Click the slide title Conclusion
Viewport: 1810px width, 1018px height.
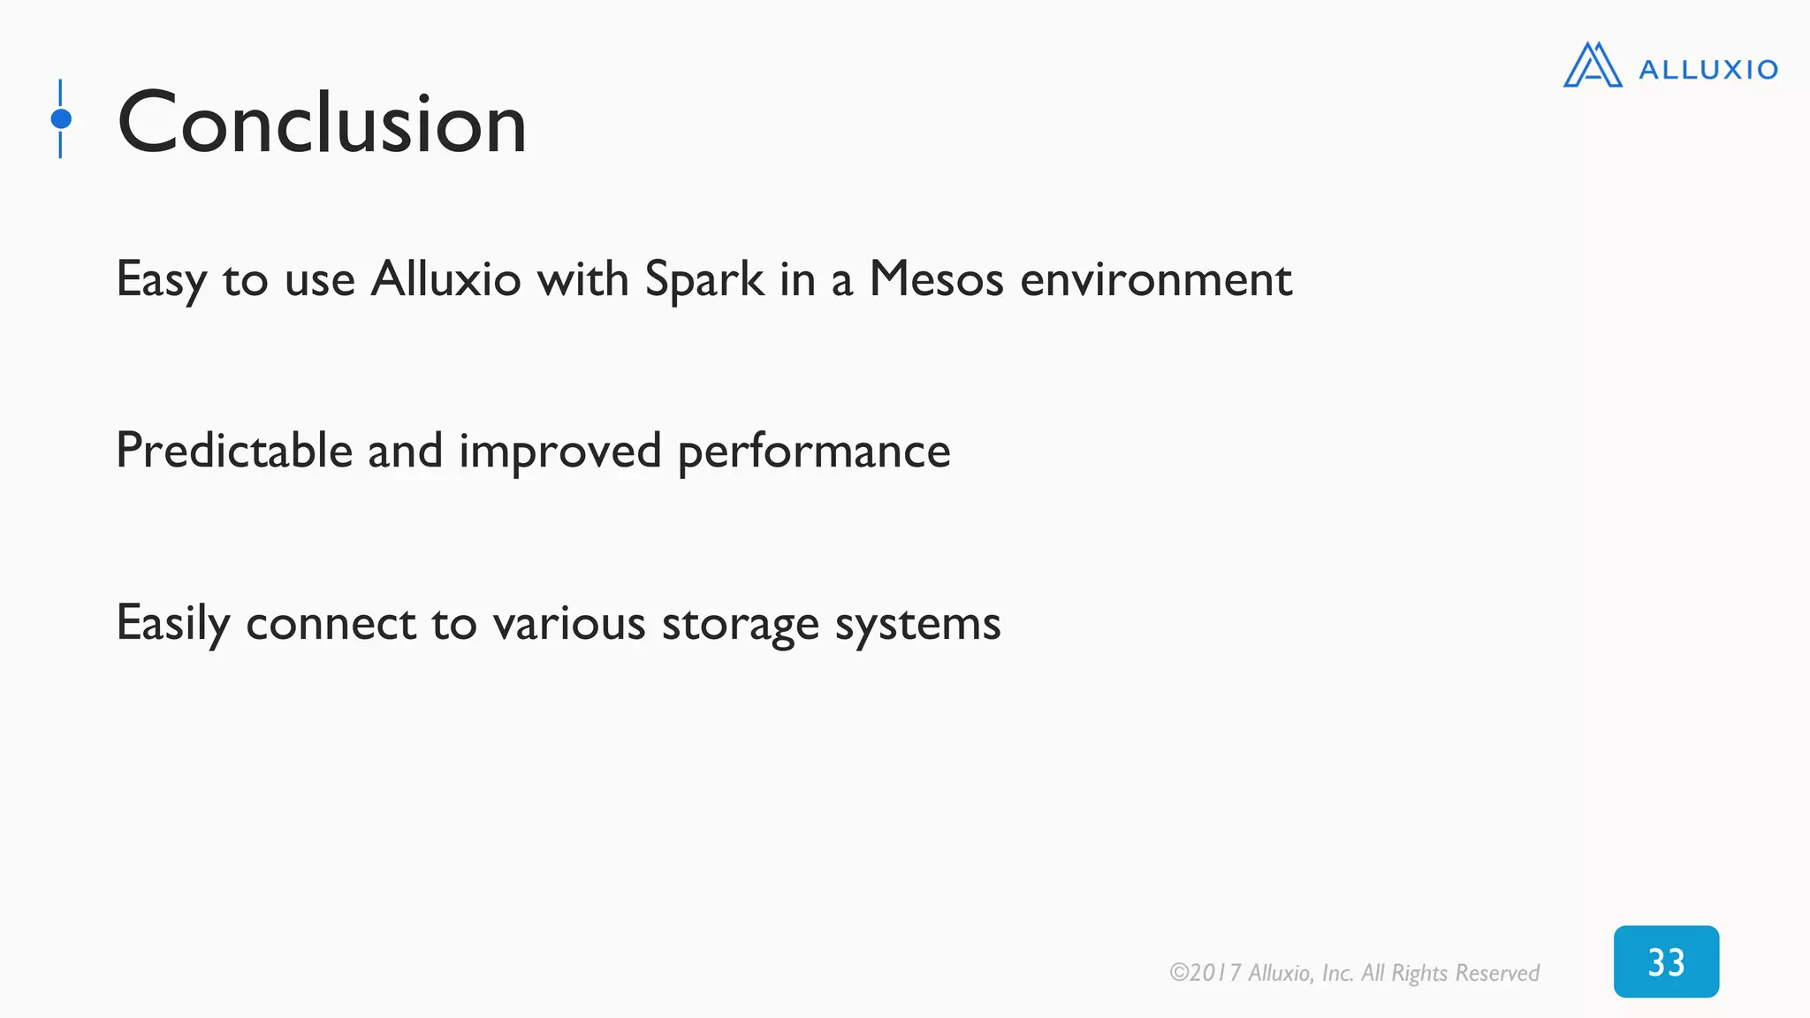click(322, 123)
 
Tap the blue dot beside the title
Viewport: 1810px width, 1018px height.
click(61, 118)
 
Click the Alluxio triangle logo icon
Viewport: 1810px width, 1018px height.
click(1593, 65)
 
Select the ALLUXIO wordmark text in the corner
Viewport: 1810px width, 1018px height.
click(1707, 70)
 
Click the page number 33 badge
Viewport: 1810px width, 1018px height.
click(1666, 961)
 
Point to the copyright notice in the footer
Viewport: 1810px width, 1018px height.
click(1353, 973)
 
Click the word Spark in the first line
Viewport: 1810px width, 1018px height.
click(704, 280)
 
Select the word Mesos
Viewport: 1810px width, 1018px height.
click(936, 280)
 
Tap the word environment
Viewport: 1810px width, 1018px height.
click(1156, 280)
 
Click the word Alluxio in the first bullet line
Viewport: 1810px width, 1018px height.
click(445, 280)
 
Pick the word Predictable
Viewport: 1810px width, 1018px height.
click(234, 452)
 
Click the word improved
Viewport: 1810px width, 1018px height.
click(559, 452)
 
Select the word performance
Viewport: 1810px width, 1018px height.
click(814, 452)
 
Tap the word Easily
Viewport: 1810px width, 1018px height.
click(173, 624)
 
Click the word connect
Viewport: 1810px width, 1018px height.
click(331, 624)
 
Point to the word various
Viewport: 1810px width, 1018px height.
click(569, 624)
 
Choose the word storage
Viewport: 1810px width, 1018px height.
click(741, 624)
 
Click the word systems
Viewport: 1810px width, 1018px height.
click(917, 624)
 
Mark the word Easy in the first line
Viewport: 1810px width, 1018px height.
click(162, 280)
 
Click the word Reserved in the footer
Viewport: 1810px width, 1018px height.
click(1497, 973)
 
